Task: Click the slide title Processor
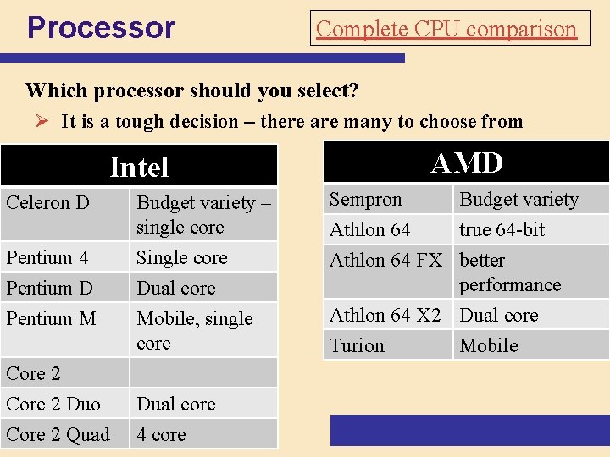101,28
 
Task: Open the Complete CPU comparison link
446,29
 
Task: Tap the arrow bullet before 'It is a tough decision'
47,121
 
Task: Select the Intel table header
139,167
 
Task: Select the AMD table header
467,162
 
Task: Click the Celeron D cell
47,203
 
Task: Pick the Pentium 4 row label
47,257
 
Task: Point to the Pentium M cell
51,318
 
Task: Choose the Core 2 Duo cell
53,404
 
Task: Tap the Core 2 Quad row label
58,434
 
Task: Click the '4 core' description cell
161,434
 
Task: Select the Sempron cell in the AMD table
366,200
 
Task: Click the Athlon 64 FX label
385,261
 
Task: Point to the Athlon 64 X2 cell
385,315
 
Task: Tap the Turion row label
357,345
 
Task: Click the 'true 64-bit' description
502,229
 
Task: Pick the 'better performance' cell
510,272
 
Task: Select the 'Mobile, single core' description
195,330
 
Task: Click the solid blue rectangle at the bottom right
469,430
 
